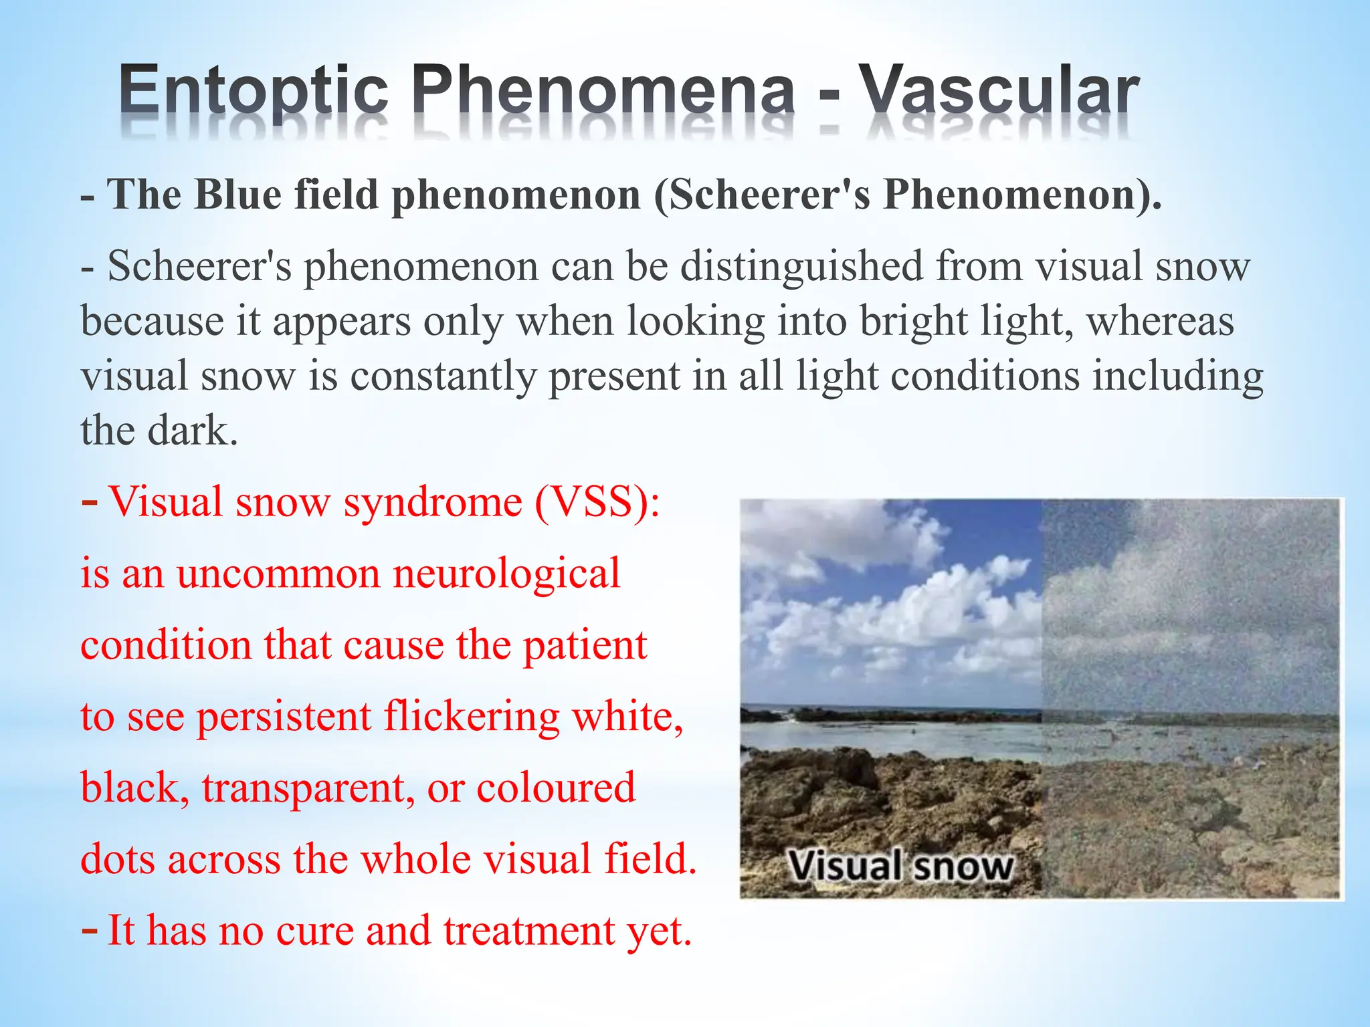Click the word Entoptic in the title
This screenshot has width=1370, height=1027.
click(254, 92)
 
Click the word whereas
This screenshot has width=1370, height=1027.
click(1161, 321)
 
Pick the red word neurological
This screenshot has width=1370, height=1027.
click(506, 574)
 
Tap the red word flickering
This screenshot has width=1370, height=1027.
click(472, 717)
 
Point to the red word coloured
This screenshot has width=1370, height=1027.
click(555, 788)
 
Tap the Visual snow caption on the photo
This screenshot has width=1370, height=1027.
click(900, 867)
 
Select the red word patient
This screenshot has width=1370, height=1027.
click(585, 646)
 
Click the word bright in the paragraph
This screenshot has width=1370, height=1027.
click(913, 322)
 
